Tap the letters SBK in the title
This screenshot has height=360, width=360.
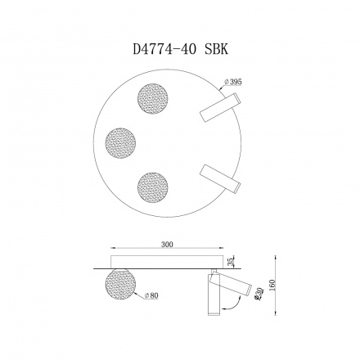click(215, 48)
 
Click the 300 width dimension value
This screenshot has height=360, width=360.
click(167, 245)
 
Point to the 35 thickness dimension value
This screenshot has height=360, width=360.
click(231, 261)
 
